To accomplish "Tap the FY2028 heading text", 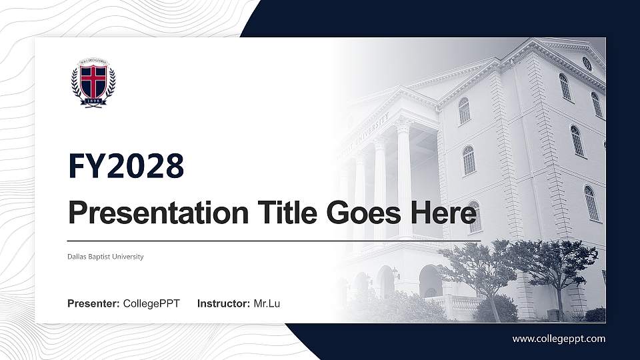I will pyautogui.click(x=126, y=166).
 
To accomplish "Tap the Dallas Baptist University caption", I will pyautogui.click(x=105, y=257).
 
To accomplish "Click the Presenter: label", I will pyautogui.click(x=93, y=304).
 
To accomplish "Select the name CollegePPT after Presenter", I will pyautogui.click(x=151, y=304).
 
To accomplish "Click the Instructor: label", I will pyautogui.click(x=223, y=304).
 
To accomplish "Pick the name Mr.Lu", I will pyautogui.click(x=267, y=304).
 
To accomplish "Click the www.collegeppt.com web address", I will pyautogui.click(x=559, y=339).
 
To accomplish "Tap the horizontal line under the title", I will pyautogui.click(x=273, y=240).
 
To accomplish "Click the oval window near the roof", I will pyautogui.click(x=587, y=63).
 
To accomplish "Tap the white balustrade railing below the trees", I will pyautogui.click(x=460, y=303).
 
